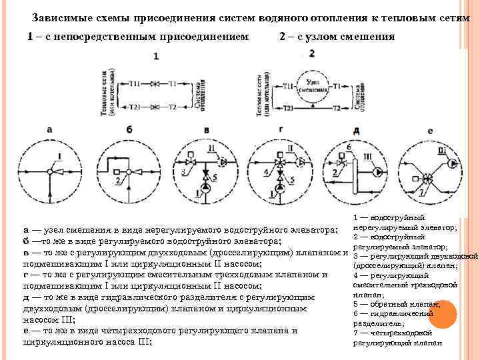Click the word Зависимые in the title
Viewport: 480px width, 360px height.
[x=59, y=18]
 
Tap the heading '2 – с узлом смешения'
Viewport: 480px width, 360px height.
[x=337, y=37]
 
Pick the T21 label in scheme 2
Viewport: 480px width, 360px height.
[x=289, y=107]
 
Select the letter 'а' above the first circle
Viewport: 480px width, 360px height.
[x=49, y=129]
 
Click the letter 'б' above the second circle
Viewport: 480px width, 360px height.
[x=128, y=129]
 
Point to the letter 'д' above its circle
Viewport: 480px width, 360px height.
[x=357, y=129]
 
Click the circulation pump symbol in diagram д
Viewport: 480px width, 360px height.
[x=379, y=172]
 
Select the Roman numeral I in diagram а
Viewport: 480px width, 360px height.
[x=61, y=157]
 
